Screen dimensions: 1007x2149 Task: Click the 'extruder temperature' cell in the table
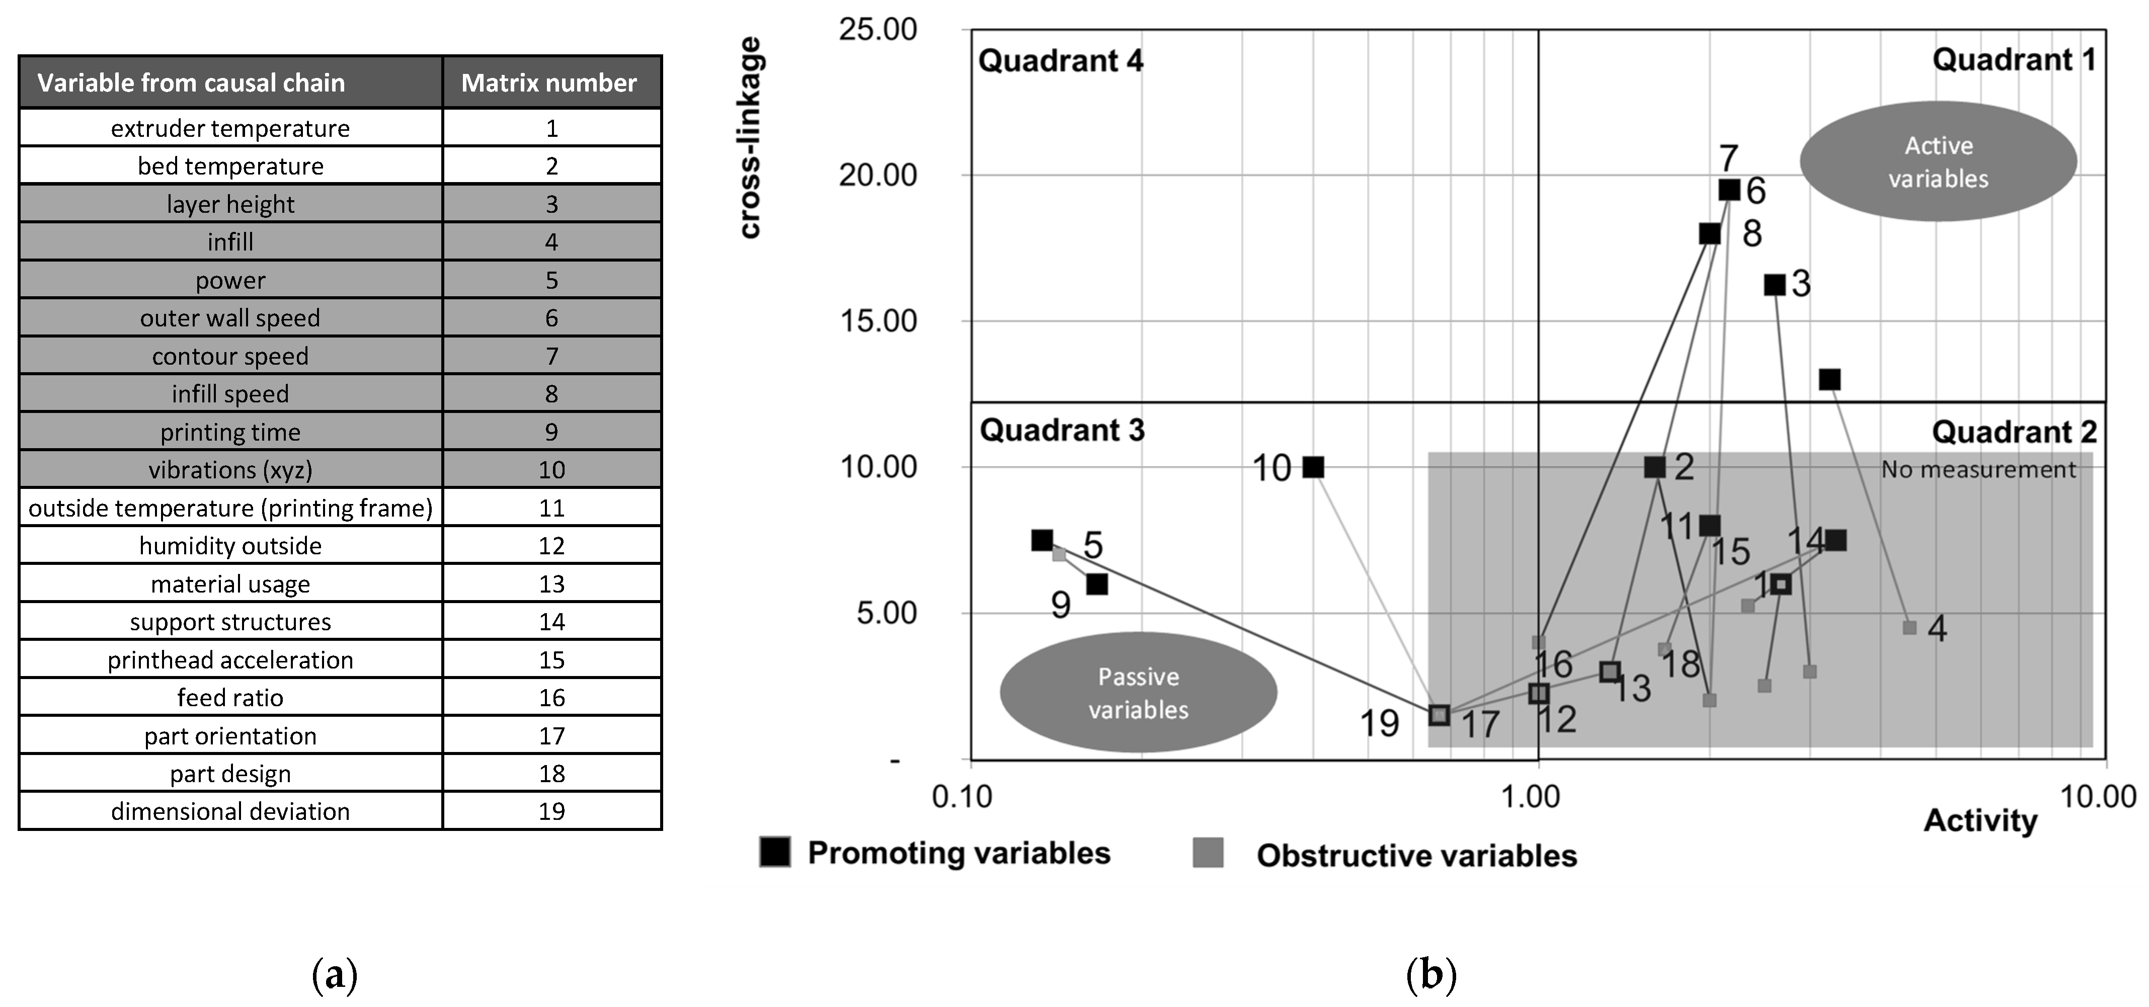click(230, 128)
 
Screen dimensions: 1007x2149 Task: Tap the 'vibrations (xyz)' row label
click(230, 470)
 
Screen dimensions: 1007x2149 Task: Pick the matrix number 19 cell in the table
click(551, 811)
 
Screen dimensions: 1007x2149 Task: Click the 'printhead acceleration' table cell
click(230, 660)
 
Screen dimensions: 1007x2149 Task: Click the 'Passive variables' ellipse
click(1138, 693)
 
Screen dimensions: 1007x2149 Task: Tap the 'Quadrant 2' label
click(2014, 432)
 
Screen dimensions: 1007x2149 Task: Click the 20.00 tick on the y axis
click(878, 175)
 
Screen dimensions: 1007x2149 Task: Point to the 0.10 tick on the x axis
click(962, 797)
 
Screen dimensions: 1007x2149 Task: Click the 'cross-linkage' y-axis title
click(750, 138)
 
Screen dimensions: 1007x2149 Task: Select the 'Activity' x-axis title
click(1979, 821)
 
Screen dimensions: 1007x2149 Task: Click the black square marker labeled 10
click(1313, 467)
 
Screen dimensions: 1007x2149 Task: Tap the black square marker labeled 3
click(1775, 285)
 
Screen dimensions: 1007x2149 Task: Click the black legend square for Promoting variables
click(775, 853)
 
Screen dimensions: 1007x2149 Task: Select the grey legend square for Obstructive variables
click(1208, 854)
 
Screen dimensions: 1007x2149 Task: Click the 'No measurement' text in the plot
click(1978, 470)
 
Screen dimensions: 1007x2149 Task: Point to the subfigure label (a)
click(335, 974)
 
